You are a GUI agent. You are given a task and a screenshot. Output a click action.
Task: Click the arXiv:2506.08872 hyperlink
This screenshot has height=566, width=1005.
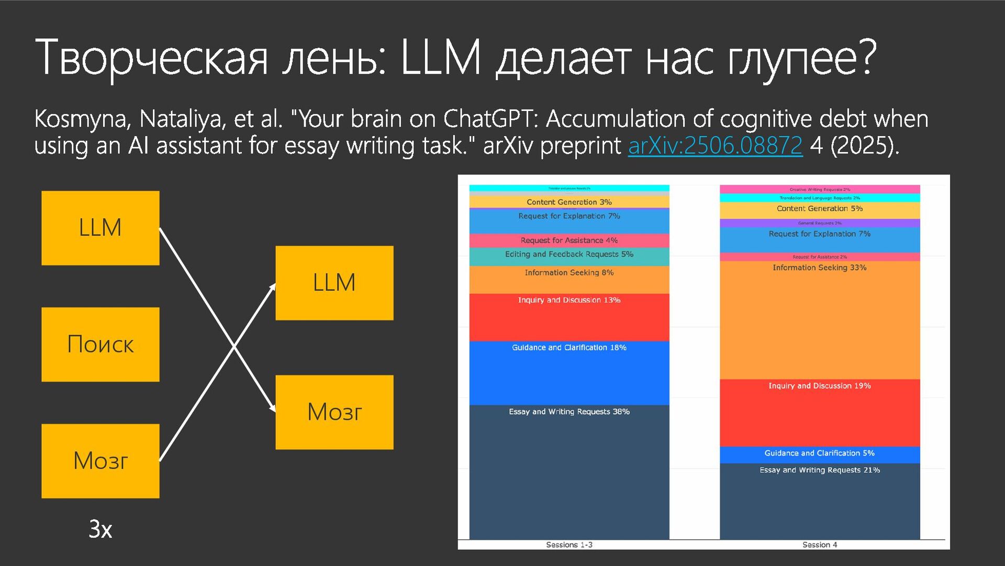pyautogui.click(x=715, y=145)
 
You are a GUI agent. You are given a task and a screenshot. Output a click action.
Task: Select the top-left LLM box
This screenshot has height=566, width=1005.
pyautogui.click(x=100, y=228)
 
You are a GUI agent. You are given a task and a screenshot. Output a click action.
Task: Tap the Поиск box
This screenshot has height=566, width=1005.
pyautogui.click(x=100, y=345)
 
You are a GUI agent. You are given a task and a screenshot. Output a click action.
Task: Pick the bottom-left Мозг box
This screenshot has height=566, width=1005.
pyautogui.click(x=100, y=461)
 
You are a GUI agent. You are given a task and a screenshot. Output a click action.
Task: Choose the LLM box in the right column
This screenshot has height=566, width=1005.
pyautogui.click(x=334, y=283)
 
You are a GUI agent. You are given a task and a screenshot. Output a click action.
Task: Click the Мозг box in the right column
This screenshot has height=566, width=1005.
pyautogui.click(x=334, y=412)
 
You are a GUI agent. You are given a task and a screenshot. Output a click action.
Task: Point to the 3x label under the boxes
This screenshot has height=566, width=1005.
pyautogui.click(x=100, y=529)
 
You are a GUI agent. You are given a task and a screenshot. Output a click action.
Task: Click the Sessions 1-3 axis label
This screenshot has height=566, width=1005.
pyautogui.click(x=569, y=545)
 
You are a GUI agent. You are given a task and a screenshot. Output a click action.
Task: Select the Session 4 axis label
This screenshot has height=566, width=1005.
pyautogui.click(x=820, y=545)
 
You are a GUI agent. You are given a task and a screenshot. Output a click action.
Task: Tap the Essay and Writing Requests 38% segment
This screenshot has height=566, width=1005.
pyautogui.click(x=569, y=471)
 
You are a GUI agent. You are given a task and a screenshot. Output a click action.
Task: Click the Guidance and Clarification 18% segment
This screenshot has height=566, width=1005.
pyautogui.click(x=569, y=373)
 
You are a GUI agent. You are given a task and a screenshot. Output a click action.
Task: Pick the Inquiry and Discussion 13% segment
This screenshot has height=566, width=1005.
pyautogui.click(x=569, y=317)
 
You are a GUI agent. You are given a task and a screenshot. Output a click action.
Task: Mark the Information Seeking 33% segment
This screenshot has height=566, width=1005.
pyautogui.click(x=820, y=319)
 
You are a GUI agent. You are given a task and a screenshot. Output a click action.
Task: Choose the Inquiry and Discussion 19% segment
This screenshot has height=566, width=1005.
pyautogui.click(x=820, y=413)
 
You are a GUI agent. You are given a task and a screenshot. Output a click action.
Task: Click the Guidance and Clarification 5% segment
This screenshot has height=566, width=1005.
pyautogui.click(x=820, y=454)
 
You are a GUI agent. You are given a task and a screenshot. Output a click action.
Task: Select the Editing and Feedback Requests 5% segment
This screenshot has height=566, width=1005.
pyautogui.click(x=569, y=256)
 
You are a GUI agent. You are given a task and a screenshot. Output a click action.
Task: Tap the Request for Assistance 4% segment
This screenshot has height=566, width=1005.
pyautogui.click(x=569, y=240)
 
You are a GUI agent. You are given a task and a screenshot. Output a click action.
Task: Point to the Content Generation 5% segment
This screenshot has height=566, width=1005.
pyautogui.click(x=820, y=210)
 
